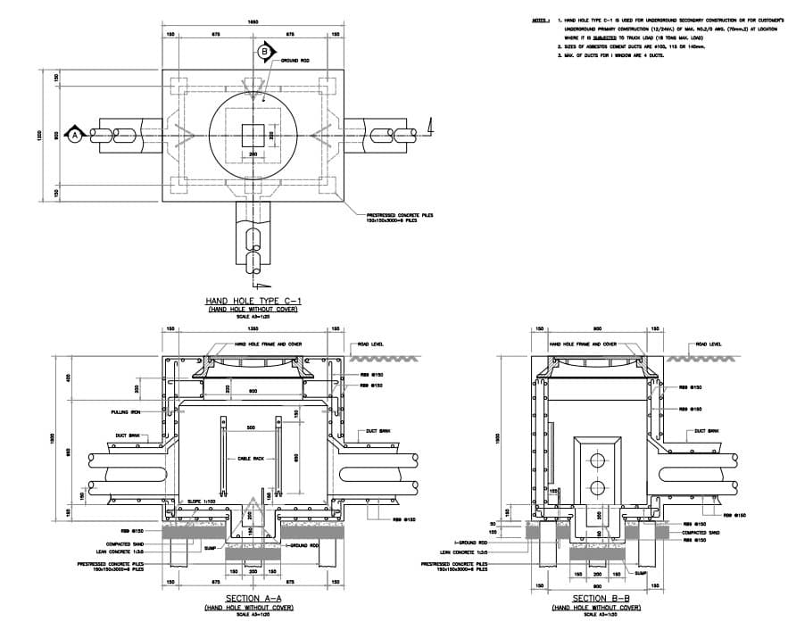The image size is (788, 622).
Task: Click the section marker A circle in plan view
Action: pos(75,134)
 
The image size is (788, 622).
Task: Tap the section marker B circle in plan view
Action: pos(264,53)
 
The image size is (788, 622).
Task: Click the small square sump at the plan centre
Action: pos(253,135)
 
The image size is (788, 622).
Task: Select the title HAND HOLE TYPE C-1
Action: pos(253,300)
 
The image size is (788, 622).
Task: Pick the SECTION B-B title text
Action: pos(595,598)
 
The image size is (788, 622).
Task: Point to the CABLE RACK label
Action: pos(250,459)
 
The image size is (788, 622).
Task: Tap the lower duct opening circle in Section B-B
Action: pos(595,489)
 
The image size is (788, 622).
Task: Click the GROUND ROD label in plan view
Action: pos(295,61)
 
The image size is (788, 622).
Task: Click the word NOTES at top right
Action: pos(541,18)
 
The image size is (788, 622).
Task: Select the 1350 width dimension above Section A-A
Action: pos(253,329)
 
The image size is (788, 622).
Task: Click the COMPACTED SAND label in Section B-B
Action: pos(701,533)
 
